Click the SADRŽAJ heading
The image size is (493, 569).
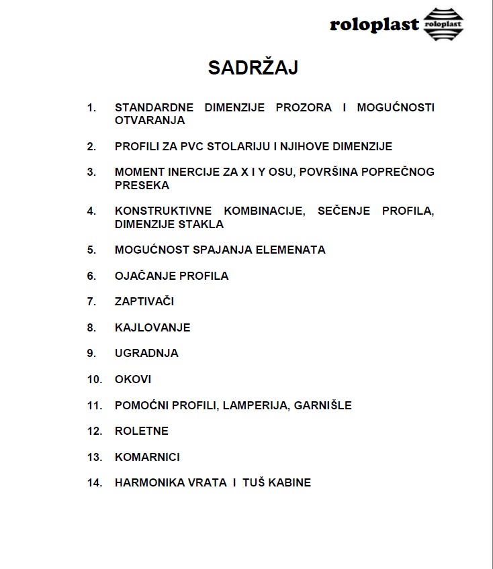(x=253, y=68)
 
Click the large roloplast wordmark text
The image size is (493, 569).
(x=374, y=25)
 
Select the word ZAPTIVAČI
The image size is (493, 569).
(x=144, y=301)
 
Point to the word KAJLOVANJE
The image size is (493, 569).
(x=152, y=327)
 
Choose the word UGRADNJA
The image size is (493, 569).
(x=146, y=353)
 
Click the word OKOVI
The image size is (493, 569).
(x=133, y=379)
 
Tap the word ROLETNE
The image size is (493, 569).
(x=142, y=431)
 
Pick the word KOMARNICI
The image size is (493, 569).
(x=147, y=457)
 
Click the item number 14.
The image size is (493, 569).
(x=94, y=482)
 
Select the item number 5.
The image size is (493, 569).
(x=91, y=250)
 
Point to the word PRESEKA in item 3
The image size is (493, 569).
(x=142, y=185)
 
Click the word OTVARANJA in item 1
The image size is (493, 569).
(x=150, y=121)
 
